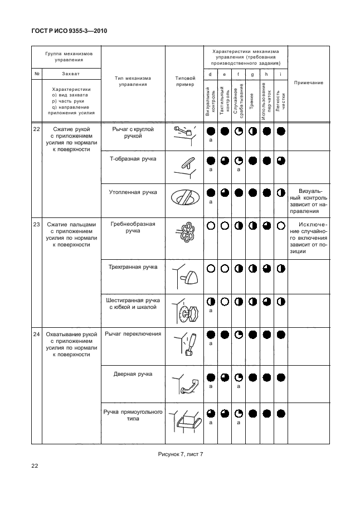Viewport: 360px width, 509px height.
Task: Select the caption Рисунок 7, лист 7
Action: pyautogui.click(x=179, y=454)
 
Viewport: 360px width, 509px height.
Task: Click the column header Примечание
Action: pyautogui.click(x=310, y=83)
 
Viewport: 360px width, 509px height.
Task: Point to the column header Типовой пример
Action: pyautogui.click(x=184, y=81)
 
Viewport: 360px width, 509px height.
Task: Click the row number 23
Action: pyautogui.click(x=36, y=224)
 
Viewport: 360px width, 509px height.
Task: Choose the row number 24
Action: pyautogui.click(x=36, y=334)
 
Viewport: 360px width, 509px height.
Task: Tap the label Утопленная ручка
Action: pyautogui.click(x=133, y=192)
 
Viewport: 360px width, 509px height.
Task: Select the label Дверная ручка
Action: pyautogui.click(x=133, y=374)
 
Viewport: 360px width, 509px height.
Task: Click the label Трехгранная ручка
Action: pyautogui.click(x=133, y=267)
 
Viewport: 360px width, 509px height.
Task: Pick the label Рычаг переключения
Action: pyautogui.click(x=133, y=334)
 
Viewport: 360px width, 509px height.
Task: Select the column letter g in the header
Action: pyautogui.click(x=252, y=74)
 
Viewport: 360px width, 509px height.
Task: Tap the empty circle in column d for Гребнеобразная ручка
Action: pyautogui.click(x=211, y=226)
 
